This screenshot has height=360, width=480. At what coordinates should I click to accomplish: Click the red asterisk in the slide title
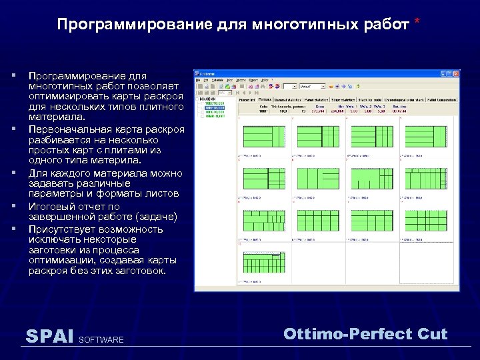417,23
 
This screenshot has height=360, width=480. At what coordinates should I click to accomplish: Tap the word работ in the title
387,25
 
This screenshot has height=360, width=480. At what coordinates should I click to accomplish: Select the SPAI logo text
49,336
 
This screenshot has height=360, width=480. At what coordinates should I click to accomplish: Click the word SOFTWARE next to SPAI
101,340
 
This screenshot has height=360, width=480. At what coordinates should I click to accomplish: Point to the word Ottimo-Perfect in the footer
339,334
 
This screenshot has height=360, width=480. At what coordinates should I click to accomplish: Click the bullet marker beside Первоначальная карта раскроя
13,128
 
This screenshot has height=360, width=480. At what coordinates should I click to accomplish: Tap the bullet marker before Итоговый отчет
13,206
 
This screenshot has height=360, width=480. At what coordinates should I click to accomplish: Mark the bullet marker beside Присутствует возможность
13,228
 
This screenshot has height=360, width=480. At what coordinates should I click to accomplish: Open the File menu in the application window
197,80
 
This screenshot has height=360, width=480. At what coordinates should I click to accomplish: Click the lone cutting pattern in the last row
263,265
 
